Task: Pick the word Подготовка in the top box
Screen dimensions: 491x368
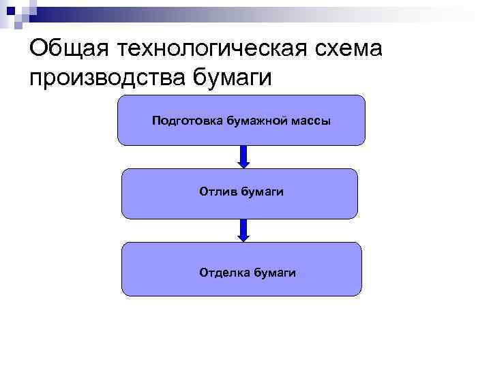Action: pyautogui.click(x=182, y=122)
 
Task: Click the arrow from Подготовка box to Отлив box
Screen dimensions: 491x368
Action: pyautogui.click(x=243, y=157)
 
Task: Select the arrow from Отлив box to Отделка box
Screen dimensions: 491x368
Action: pyautogui.click(x=243, y=230)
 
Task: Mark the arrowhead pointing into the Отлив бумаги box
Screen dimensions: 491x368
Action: pyautogui.click(x=243, y=164)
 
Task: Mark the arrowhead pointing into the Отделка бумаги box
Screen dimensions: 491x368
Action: pyautogui.click(x=243, y=237)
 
